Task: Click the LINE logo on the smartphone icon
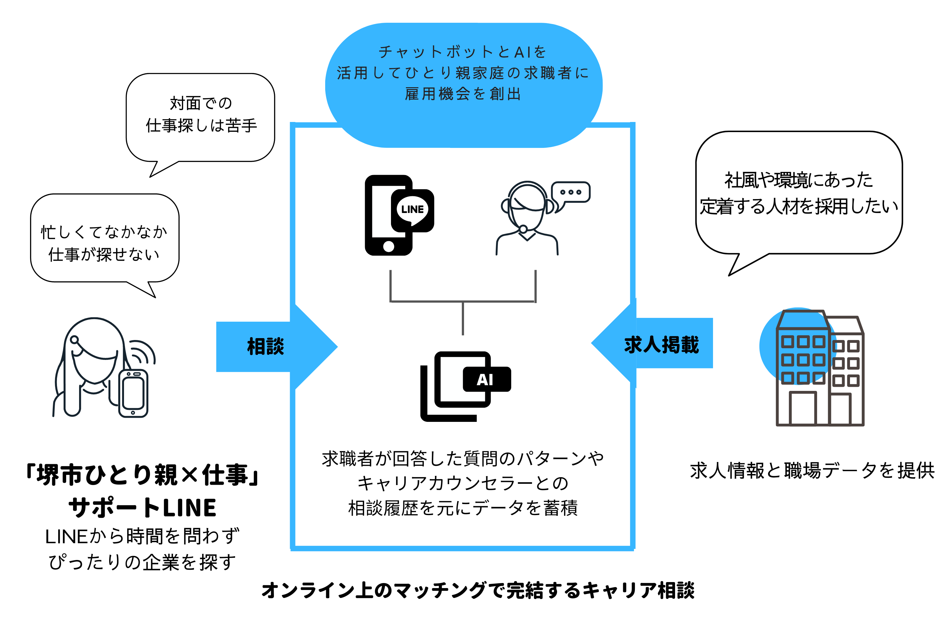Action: tap(412, 210)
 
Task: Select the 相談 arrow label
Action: tap(265, 347)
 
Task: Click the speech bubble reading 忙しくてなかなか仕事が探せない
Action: tap(104, 241)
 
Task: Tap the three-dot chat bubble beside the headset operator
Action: tap(571, 192)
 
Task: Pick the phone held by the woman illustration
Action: tap(133, 393)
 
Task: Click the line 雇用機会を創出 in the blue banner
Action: tap(463, 94)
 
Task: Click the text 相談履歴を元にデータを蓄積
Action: tap(463, 508)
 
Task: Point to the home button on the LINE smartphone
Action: tap(388, 246)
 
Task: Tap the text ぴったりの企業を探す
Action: tap(142, 562)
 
